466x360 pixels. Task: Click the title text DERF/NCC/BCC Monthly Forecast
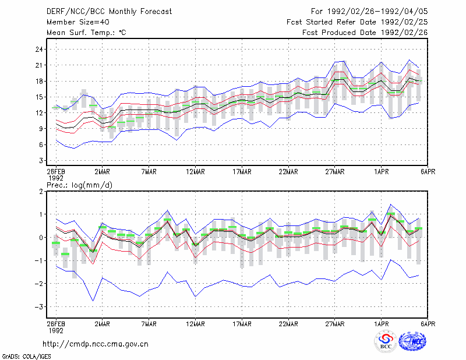pos(109,12)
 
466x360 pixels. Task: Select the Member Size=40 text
pos(78,22)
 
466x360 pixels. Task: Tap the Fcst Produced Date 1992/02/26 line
pos(365,33)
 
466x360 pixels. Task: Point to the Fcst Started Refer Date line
pos(357,22)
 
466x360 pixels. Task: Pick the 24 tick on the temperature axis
pos(39,50)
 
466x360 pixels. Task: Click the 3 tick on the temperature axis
pos(41,161)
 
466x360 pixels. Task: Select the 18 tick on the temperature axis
pos(39,81)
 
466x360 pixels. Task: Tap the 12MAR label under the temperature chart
pos(195,172)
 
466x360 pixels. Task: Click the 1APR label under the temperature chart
pos(382,172)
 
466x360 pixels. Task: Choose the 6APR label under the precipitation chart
pos(428,324)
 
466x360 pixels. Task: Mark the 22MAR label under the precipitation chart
pos(288,324)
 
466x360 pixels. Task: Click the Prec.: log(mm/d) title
pos(79,185)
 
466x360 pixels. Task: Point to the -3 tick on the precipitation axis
pos(38,307)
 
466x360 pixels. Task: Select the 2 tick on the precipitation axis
pos(41,192)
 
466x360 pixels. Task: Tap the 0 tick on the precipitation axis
pos(41,238)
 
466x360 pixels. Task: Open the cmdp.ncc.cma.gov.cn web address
pos(96,344)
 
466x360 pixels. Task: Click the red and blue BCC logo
pos(386,342)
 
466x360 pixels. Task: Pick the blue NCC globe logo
pos(412,341)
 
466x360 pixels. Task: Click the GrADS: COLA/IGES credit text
pos(27,357)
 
